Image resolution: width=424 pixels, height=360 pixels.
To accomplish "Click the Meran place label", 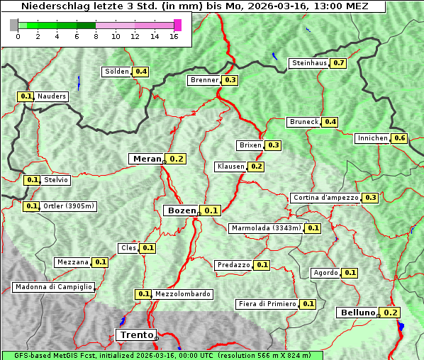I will (147, 159).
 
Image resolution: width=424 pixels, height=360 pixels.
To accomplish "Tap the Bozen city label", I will (182, 210).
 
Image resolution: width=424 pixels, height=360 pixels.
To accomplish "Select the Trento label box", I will (135, 335).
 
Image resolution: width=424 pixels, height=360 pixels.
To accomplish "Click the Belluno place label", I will (357, 313).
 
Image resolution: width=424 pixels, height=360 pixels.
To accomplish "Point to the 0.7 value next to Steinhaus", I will (338, 63).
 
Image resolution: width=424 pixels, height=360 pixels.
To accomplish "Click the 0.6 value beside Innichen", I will (400, 138).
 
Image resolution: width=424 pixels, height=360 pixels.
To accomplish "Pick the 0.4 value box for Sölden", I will (141, 72).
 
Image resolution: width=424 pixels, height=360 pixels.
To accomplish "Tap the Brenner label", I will (204, 80).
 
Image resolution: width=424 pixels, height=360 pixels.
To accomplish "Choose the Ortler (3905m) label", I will (69, 206).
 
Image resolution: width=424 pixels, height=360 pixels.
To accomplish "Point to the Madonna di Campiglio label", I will (53, 287).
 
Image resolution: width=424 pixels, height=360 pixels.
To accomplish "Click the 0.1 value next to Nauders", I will (26, 96).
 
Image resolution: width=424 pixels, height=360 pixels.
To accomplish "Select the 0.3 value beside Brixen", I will (274, 145).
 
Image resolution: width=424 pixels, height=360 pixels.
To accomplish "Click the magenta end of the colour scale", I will (177, 25).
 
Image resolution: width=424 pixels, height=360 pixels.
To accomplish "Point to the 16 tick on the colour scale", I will (174, 37).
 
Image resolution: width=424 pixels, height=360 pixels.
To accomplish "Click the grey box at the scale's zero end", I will (14, 25).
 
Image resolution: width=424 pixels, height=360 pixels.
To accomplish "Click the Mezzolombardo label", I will (182, 294).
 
